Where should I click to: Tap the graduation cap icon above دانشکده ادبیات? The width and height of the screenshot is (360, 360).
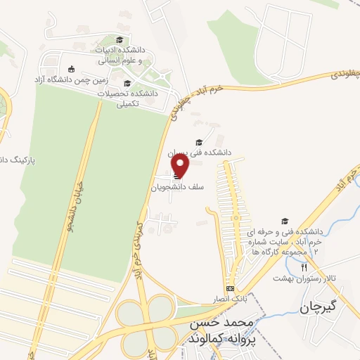point(120,40)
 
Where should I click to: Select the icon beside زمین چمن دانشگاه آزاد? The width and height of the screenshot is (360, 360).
point(70,68)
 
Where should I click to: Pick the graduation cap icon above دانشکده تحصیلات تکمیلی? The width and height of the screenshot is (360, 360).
point(127,83)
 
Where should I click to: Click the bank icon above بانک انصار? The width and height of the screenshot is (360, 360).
point(230,289)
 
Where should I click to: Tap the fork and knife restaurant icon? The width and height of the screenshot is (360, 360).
point(304,267)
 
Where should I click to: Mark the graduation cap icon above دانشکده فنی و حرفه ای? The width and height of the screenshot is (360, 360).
point(285,221)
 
